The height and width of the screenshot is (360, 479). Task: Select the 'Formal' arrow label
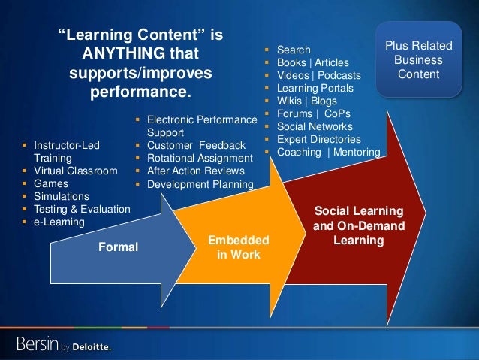(x=119, y=247)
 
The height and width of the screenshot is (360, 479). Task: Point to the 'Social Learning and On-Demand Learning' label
(x=358, y=225)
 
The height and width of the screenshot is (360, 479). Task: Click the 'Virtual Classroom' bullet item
(x=75, y=171)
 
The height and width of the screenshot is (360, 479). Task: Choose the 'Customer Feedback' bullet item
(x=196, y=145)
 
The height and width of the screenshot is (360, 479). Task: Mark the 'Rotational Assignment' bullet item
(x=200, y=158)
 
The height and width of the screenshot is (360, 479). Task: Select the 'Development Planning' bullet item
(x=200, y=183)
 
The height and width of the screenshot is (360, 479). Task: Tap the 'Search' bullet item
(x=294, y=50)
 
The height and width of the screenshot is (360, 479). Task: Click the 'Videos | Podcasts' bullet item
(x=318, y=75)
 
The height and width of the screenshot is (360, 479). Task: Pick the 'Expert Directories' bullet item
(x=318, y=139)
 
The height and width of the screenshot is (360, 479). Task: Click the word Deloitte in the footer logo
(x=89, y=346)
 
